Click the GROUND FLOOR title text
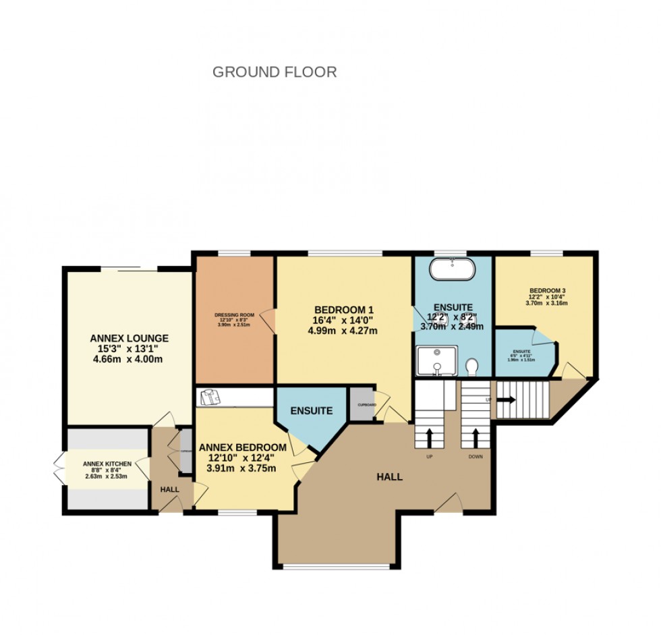tap(275, 72)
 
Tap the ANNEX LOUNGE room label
tap(130, 338)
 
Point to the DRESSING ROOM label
tap(234, 314)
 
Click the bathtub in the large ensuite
tap(453, 269)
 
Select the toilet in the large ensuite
tap(471, 366)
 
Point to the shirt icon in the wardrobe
tap(209, 397)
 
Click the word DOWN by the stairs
tap(476, 457)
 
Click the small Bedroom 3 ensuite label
tap(522, 352)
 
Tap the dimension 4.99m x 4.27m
tap(342, 331)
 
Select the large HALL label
tap(389, 476)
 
